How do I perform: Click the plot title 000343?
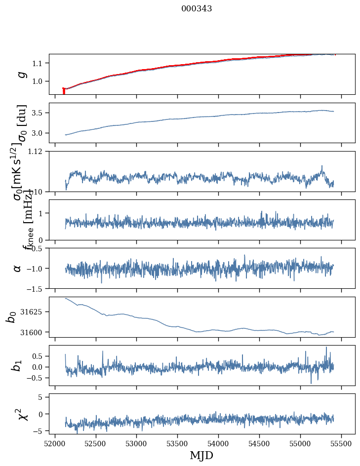point(197,8)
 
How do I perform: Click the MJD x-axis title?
point(201,455)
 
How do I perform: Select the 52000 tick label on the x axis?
point(55,443)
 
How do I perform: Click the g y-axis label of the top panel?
point(21,75)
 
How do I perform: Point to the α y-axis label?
point(18,268)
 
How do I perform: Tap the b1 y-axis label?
point(17,365)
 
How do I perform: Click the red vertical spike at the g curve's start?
point(64,91)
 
